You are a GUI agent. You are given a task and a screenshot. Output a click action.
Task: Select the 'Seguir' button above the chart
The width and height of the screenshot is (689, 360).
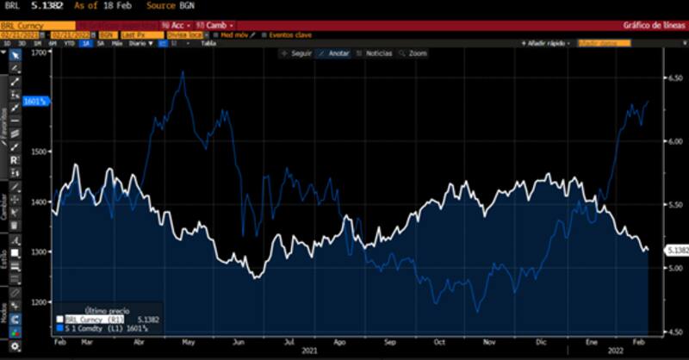298,53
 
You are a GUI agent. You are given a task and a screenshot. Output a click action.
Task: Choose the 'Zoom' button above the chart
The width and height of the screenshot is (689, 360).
413,53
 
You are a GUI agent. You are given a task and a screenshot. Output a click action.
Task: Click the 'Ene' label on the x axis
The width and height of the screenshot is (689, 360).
590,341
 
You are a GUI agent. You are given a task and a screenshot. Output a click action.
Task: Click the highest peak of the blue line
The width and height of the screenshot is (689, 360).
183,72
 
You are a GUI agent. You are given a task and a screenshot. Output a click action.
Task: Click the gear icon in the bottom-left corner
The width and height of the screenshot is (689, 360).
15,346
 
